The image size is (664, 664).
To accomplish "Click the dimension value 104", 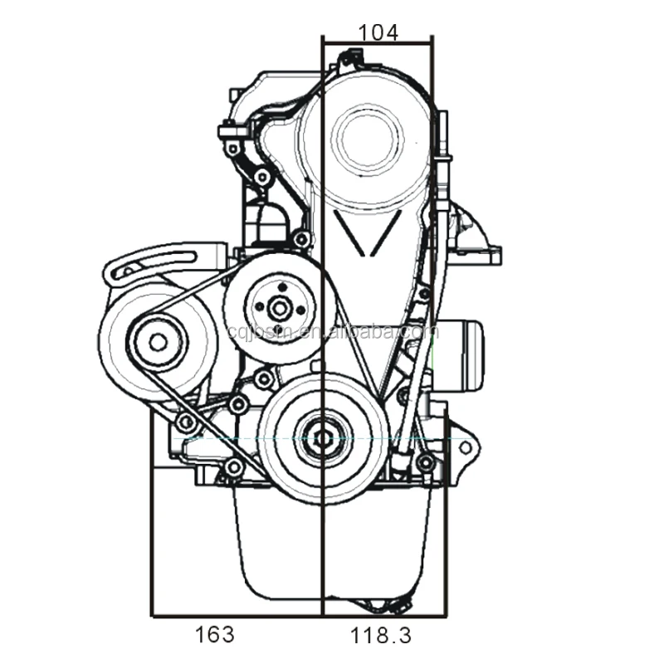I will pos(378,32).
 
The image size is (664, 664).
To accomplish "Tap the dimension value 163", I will pos(214,635).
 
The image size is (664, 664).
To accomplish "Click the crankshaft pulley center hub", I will pos(322,433).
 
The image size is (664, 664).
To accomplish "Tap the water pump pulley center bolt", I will pos(280,308).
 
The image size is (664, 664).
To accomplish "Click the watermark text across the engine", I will pos(332,333).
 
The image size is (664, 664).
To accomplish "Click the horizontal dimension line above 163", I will pos(237,616).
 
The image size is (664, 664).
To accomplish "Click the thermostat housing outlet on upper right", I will pos(477,237).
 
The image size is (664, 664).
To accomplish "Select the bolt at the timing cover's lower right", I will pos(426,462).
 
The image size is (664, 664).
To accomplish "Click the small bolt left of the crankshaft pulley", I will pos(239,406).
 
